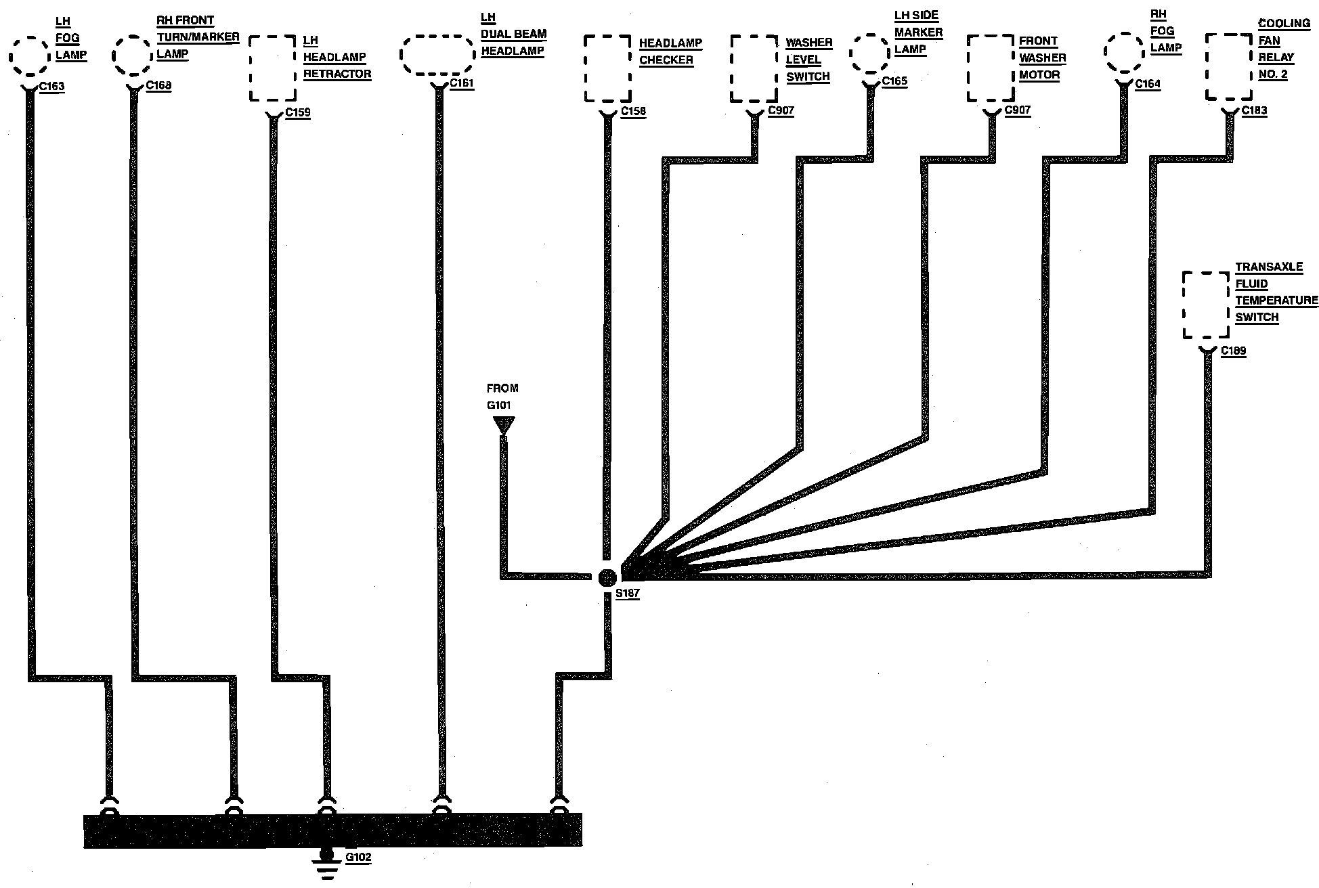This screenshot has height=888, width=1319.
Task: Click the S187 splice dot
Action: pos(607,577)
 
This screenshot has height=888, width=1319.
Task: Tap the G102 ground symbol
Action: pos(328,864)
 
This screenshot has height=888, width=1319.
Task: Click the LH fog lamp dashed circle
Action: pos(30,56)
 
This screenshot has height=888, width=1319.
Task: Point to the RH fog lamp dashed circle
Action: pos(1125,51)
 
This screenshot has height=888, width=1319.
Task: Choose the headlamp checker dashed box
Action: pos(607,68)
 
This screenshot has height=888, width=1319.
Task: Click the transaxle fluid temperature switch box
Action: pos(1205,305)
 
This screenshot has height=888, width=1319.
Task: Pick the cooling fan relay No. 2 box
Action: pos(1228,67)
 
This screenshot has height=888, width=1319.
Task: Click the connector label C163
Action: pos(53,87)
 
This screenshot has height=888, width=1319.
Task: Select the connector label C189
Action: pos(1233,351)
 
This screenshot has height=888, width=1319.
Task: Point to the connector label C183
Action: pos(1254,110)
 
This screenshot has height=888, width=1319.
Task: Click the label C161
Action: pos(462,84)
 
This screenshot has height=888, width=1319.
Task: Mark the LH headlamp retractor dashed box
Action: pos(273,68)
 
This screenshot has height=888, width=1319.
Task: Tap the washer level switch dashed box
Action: pos(754,68)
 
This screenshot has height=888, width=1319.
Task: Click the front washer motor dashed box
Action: pos(991,68)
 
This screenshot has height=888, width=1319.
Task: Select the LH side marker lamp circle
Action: pos(869,53)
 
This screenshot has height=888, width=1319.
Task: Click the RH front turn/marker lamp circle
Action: pos(132,56)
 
